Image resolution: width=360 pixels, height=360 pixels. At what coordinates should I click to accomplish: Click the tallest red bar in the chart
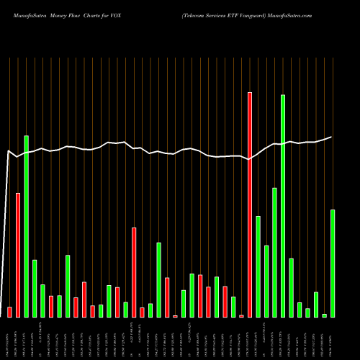click(x=250, y=204)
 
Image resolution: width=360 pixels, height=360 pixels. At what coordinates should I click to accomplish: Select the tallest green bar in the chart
click(x=283, y=205)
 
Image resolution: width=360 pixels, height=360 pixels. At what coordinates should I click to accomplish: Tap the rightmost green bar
click(x=333, y=263)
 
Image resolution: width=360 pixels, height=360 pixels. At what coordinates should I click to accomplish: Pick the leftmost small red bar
click(x=9, y=312)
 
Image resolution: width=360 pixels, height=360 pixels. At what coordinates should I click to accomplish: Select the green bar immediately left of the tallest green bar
click(x=275, y=252)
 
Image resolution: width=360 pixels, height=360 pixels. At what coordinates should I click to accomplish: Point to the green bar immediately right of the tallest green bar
click(x=292, y=287)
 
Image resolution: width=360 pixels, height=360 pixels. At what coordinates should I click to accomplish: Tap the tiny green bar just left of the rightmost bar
click(x=324, y=315)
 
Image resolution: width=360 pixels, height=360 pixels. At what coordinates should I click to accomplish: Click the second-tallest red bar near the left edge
click(x=18, y=255)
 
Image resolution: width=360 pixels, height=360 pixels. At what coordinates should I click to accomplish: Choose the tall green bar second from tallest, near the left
click(x=26, y=226)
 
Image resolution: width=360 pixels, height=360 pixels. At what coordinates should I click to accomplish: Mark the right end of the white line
click(x=331, y=137)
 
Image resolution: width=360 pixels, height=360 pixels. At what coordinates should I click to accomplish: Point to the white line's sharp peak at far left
click(x=8, y=151)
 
